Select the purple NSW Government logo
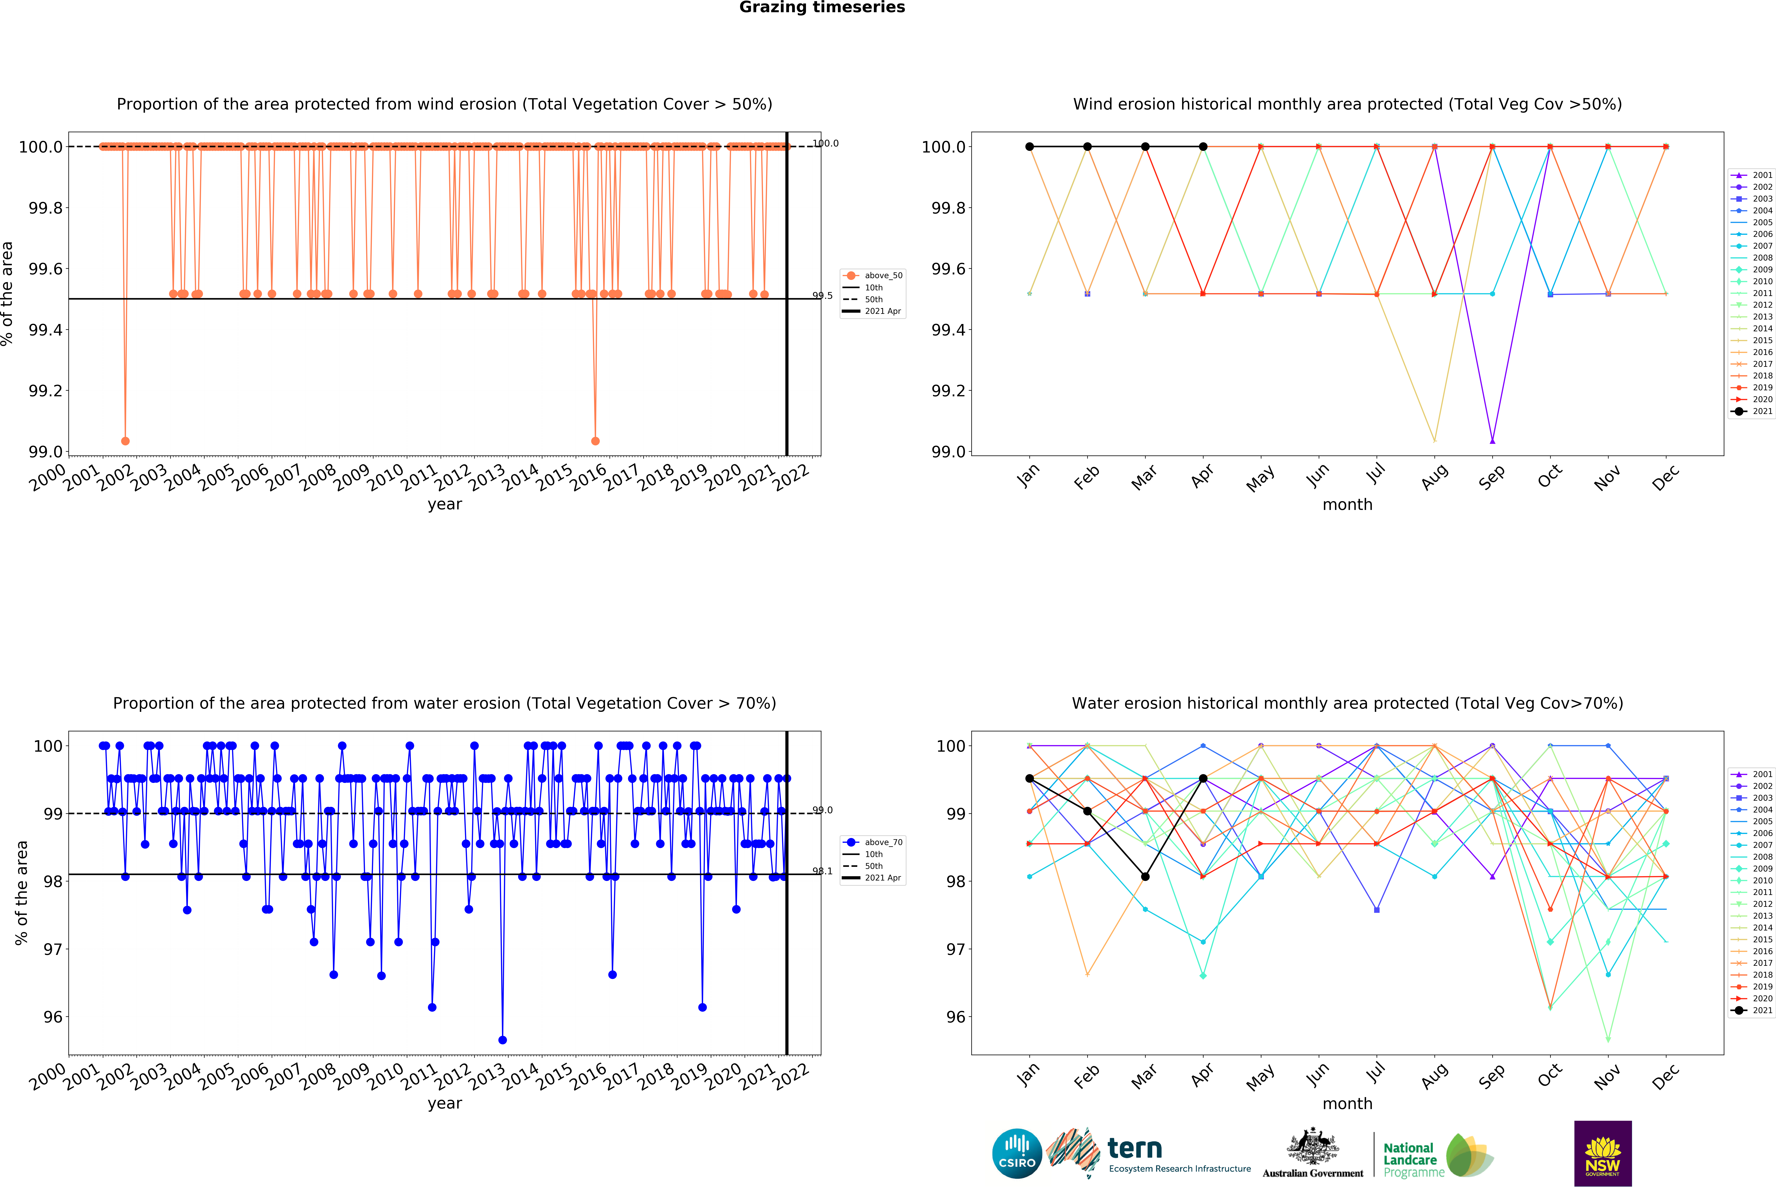1603,1153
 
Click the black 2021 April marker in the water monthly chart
1203,778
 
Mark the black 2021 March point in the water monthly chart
1145,877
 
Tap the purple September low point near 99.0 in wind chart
1492,441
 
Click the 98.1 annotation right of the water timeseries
822,871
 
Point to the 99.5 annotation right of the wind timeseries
822,296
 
